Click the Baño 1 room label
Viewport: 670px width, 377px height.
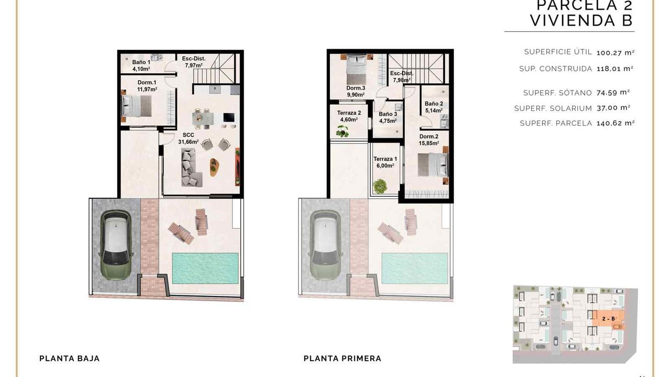(x=141, y=65)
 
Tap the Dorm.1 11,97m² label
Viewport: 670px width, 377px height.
(x=147, y=86)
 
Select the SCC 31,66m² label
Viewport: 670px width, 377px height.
(x=188, y=139)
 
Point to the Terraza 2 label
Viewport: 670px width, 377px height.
(x=349, y=113)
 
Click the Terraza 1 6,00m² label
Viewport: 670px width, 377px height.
(x=385, y=162)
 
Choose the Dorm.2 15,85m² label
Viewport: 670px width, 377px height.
(x=429, y=140)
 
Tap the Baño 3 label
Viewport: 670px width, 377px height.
(x=388, y=114)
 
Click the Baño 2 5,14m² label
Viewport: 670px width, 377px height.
(x=434, y=107)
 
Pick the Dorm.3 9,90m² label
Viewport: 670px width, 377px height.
(x=355, y=91)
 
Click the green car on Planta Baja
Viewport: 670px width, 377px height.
(x=116, y=245)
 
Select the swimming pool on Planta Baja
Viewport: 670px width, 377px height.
(x=205, y=268)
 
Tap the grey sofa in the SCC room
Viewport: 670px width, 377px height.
(x=191, y=168)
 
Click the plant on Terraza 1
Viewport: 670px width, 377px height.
(x=380, y=186)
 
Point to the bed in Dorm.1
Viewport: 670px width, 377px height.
(x=137, y=106)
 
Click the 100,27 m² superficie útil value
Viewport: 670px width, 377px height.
(x=616, y=53)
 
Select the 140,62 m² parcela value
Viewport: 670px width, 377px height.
(x=616, y=123)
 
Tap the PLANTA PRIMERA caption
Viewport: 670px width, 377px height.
(x=342, y=359)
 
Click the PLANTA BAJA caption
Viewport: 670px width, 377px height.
(x=70, y=359)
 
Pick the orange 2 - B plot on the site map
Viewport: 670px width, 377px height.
(x=608, y=319)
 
